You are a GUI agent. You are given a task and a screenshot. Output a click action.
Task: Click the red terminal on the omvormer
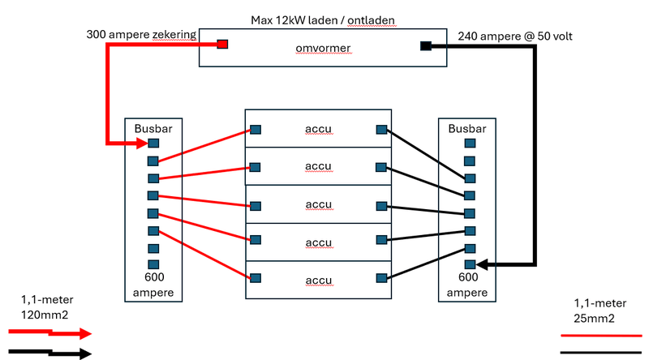[x=221, y=45]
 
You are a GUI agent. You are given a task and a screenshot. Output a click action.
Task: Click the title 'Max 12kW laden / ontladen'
[x=323, y=19]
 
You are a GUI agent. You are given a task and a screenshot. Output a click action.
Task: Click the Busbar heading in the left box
[x=153, y=128]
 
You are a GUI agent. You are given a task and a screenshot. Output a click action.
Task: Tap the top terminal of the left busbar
[x=153, y=144]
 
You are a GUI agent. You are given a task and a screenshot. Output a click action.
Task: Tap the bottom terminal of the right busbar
[x=469, y=264]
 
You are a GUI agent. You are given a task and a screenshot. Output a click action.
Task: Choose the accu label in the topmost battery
[x=318, y=129]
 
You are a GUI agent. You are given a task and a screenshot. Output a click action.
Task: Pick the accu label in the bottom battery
[x=318, y=281]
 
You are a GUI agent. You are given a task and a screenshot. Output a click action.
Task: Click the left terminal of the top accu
[x=256, y=130]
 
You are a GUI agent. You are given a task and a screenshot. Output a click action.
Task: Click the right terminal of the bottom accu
[x=380, y=278]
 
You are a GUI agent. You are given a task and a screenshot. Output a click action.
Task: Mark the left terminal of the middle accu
[x=256, y=204]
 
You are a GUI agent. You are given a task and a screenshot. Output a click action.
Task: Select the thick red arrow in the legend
[x=49, y=332]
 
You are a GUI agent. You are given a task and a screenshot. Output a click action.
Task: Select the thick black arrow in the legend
[x=49, y=353]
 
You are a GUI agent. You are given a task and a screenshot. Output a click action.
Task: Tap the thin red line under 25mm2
[x=602, y=334]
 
